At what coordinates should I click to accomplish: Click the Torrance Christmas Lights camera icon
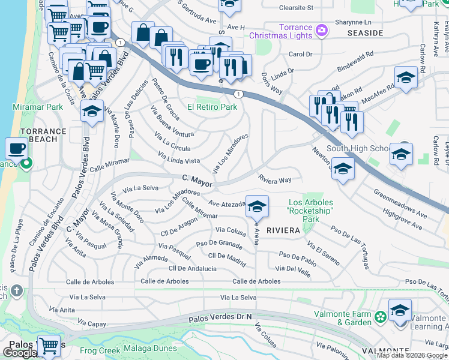(x=322, y=30)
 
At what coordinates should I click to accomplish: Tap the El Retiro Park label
(x=212, y=107)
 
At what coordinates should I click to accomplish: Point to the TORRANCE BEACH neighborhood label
(x=43, y=135)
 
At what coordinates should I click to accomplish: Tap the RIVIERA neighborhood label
(x=283, y=230)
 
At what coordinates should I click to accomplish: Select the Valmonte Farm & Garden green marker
(x=379, y=316)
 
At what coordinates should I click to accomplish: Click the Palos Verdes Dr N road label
(x=220, y=322)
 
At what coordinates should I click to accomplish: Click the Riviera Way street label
(x=275, y=179)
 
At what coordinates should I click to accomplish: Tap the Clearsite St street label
(x=297, y=8)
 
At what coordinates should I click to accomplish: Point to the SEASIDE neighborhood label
(x=365, y=32)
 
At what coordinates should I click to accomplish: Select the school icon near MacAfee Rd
(x=406, y=77)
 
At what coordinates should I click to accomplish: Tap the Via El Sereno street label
(x=324, y=253)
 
